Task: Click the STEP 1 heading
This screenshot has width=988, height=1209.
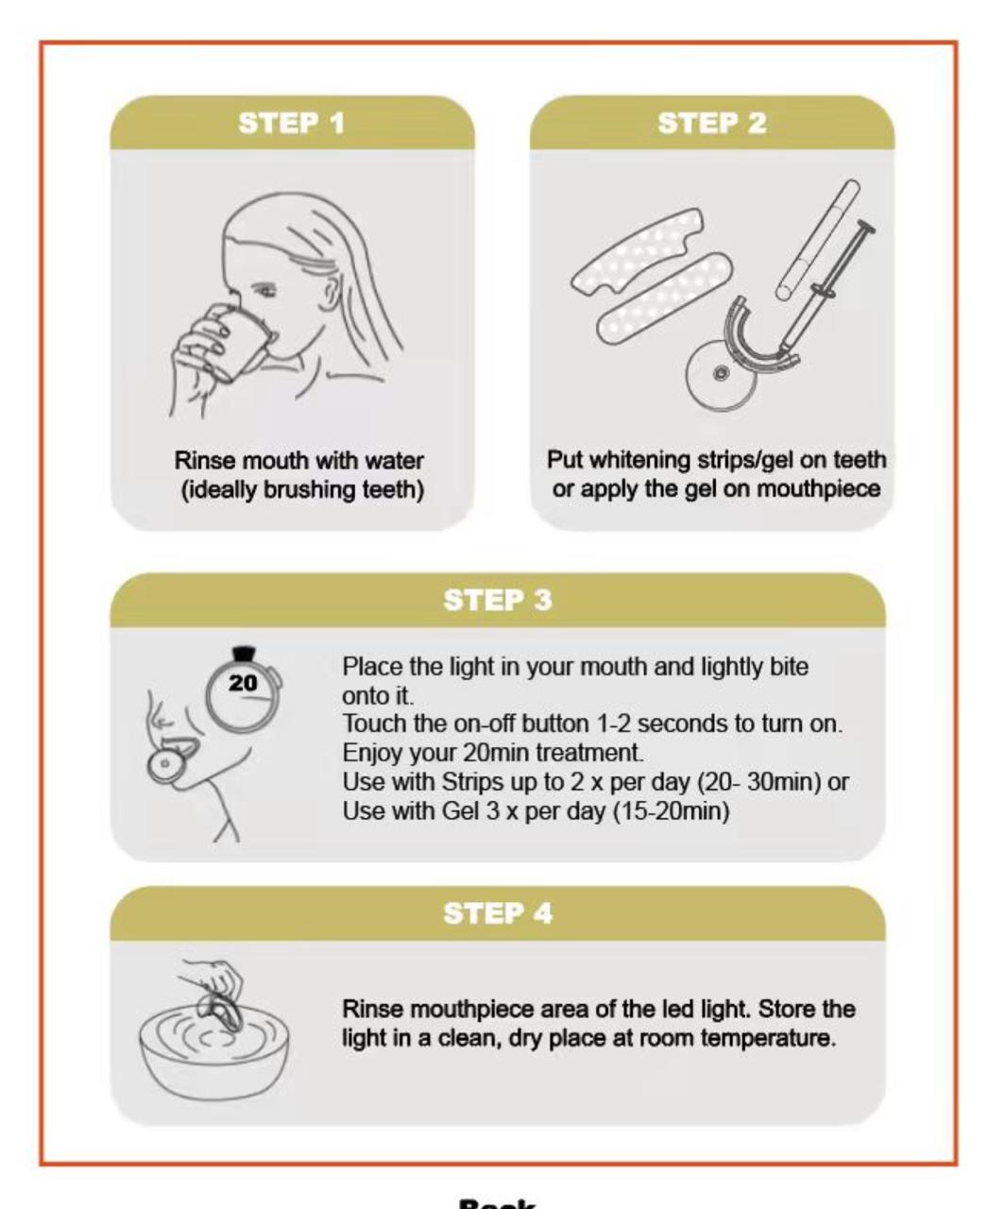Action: click(x=292, y=124)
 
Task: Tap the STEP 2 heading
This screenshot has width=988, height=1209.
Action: click(x=711, y=124)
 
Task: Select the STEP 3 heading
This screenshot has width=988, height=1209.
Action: click(x=498, y=601)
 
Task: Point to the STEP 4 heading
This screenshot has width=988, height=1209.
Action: click(x=498, y=913)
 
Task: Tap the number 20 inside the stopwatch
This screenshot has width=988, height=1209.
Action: click(x=243, y=683)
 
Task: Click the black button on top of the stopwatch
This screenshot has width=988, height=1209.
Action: click(x=245, y=653)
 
